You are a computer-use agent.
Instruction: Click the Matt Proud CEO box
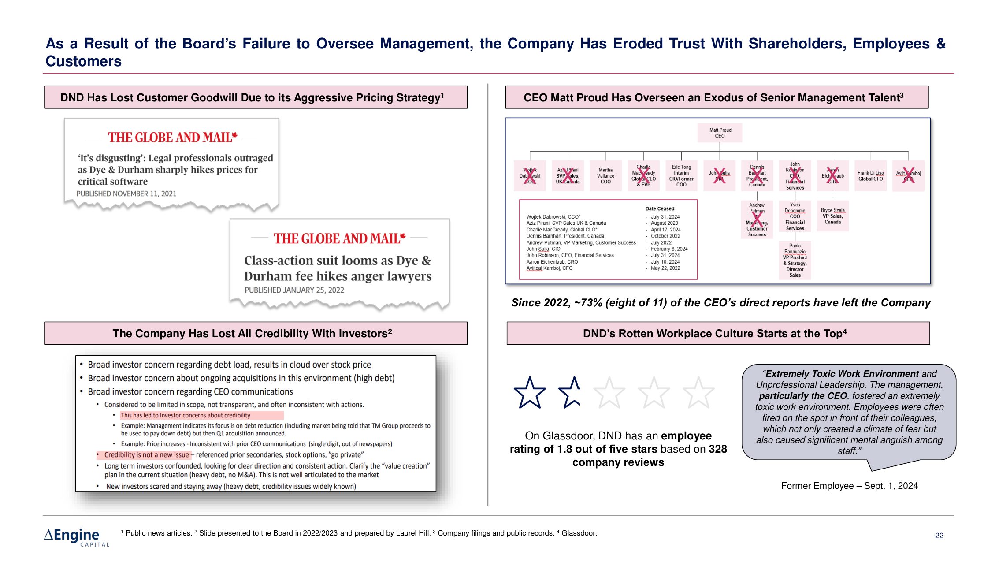coord(720,133)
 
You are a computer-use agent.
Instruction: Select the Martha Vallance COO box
coord(605,176)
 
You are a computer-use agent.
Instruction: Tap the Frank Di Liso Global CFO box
coord(870,176)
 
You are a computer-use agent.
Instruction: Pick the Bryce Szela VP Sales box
coord(832,216)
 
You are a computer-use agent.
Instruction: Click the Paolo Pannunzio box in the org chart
coord(795,260)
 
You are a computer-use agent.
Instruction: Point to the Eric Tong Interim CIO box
coord(681,176)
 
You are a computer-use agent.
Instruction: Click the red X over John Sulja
coord(719,175)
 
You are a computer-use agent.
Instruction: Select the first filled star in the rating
coord(530,393)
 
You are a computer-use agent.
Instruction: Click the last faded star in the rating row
coord(698,393)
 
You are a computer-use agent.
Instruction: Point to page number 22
coord(939,536)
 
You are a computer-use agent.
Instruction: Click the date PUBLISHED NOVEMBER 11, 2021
coord(126,194)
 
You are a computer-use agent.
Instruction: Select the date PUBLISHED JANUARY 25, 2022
coord(294,290)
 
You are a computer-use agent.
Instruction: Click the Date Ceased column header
coord(660,209)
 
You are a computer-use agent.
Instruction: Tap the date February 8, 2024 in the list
coord(669,249)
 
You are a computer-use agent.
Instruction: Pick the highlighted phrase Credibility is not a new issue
coord(146,455)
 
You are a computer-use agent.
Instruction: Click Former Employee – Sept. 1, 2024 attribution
coord(849,486)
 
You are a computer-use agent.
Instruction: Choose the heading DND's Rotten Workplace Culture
coord(714,334)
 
